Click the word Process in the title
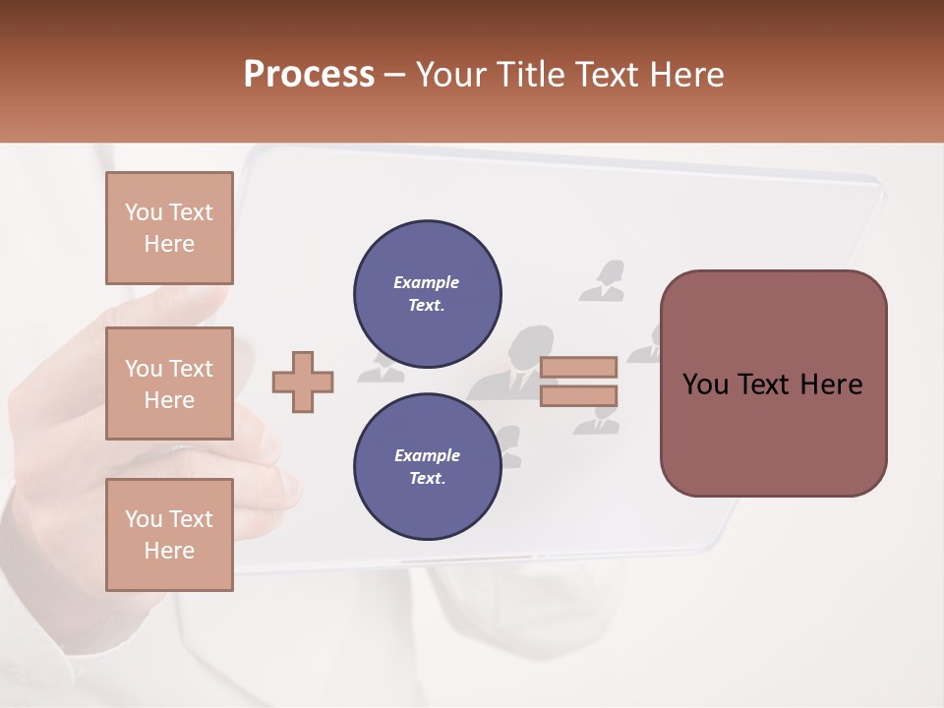tap(309, 75)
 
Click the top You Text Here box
tap(169, 228)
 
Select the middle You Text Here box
tap(169, 383)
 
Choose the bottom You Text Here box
tap(169, 535)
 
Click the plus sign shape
tap(303, 382)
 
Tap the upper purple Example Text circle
tap(427, 294)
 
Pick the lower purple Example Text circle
tap(427, 467)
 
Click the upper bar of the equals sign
tap(578, 368)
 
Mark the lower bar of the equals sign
tap(578, 396)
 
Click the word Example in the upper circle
tap(427, 282)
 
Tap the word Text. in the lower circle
tap(427, 479)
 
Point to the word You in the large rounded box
tap(705, 384)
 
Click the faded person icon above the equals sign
tap(602, 280)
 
